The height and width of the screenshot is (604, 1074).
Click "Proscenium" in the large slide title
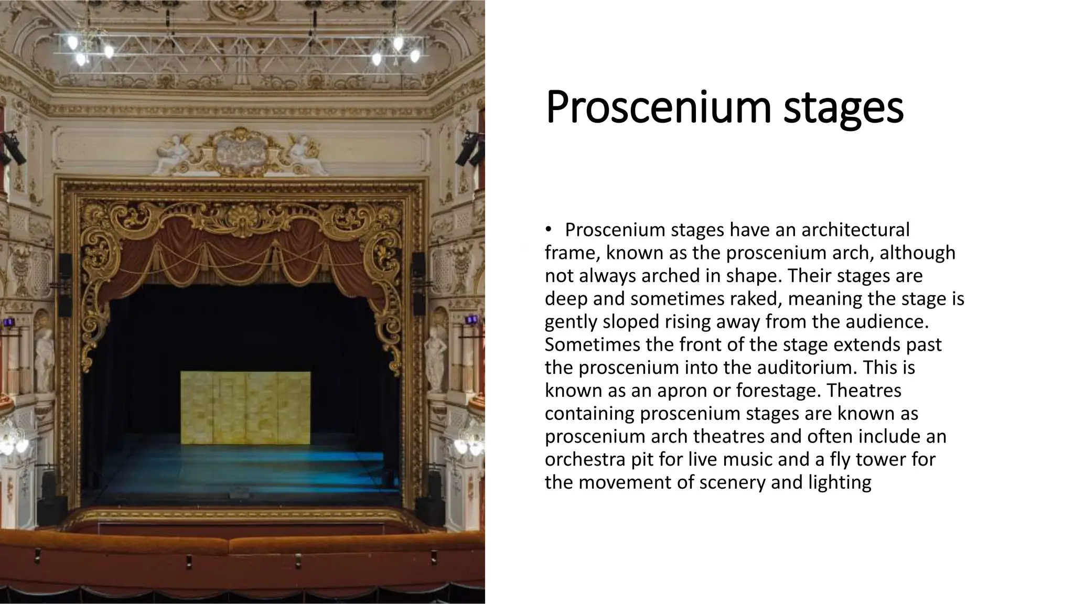[659, 107]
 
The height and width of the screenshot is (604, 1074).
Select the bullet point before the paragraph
[549, 230]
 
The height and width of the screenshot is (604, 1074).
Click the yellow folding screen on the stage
[245, 407]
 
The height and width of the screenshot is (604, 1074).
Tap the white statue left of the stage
[45, 357]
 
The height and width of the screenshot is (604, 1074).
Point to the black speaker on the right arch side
[418, 283]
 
